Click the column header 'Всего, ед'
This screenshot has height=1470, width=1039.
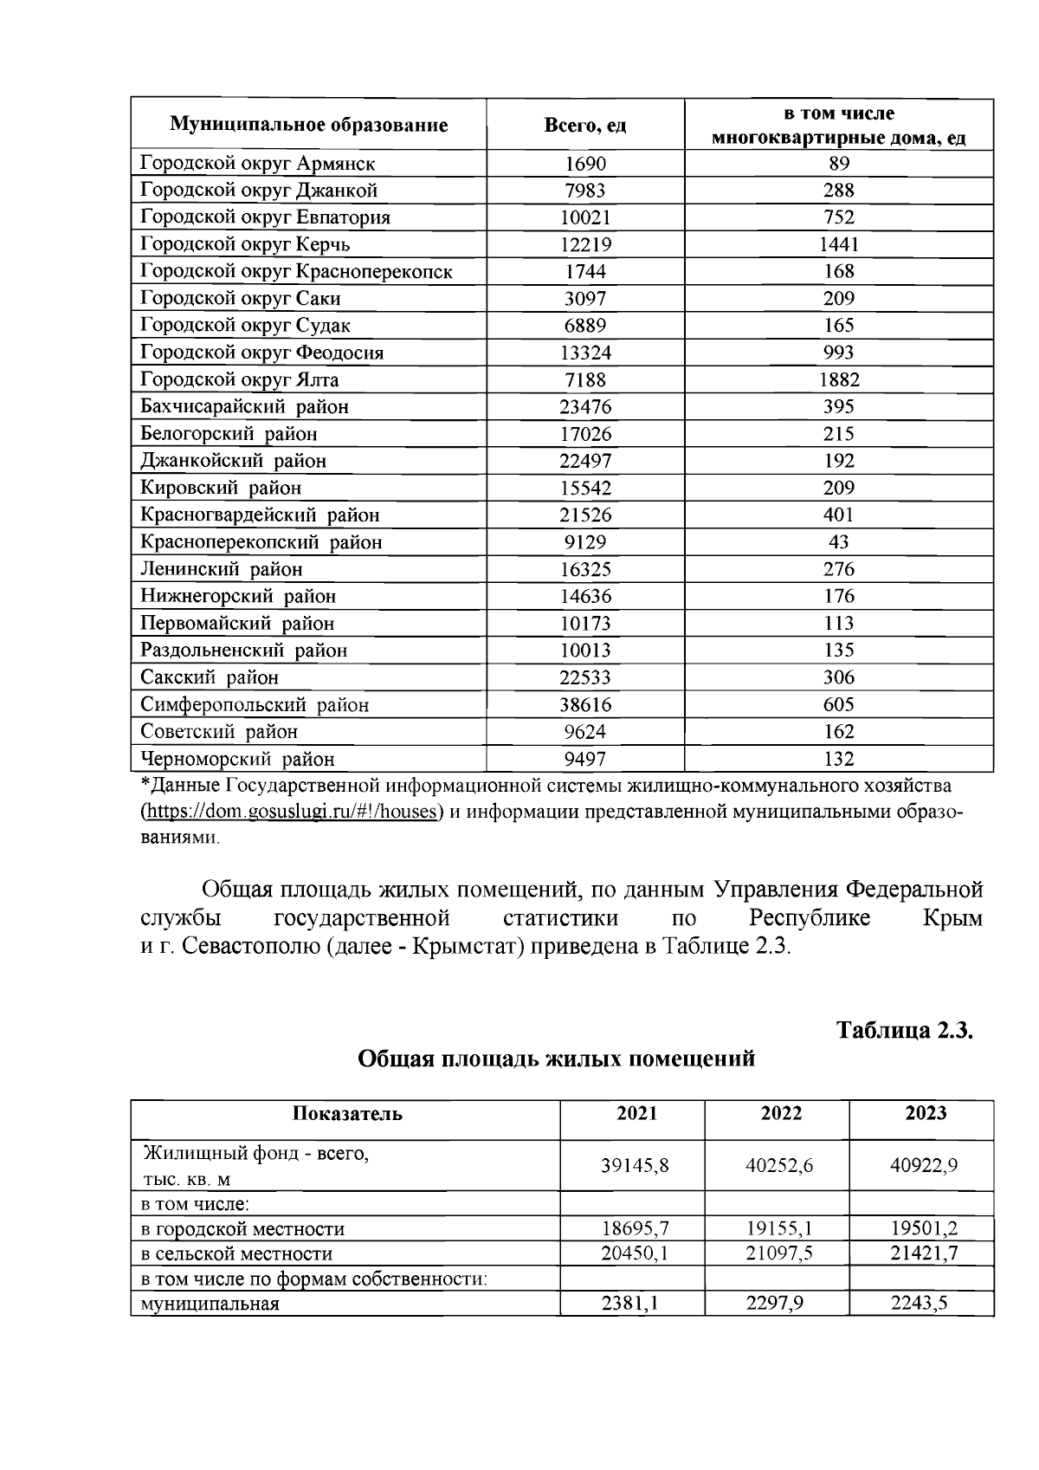pos(584,125)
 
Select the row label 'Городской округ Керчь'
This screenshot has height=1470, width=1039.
pos(245,244)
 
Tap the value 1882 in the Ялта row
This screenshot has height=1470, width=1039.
pos(838,379)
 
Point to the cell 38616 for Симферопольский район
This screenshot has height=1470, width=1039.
pos(585,704)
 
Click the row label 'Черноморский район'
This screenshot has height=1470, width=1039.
pos(237,759)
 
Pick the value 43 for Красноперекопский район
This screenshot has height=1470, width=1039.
pos(838,542)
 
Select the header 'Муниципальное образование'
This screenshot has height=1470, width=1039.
pos(308,125)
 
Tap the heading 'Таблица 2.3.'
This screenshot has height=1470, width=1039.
pos(905,1031)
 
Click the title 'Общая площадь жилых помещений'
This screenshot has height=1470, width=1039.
pos(557,1059)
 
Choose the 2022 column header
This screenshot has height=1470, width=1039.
pos(781,1114)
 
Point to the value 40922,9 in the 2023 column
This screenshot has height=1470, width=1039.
pos(924,1166)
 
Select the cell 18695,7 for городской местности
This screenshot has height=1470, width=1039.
pos(636,1228)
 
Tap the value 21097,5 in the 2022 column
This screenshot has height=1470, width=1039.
pos(779,1253)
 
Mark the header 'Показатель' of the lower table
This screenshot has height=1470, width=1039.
pos(347,1114)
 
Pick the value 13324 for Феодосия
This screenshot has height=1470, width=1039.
pos(585,353)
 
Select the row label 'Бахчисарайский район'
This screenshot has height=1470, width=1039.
pos(244,406)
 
